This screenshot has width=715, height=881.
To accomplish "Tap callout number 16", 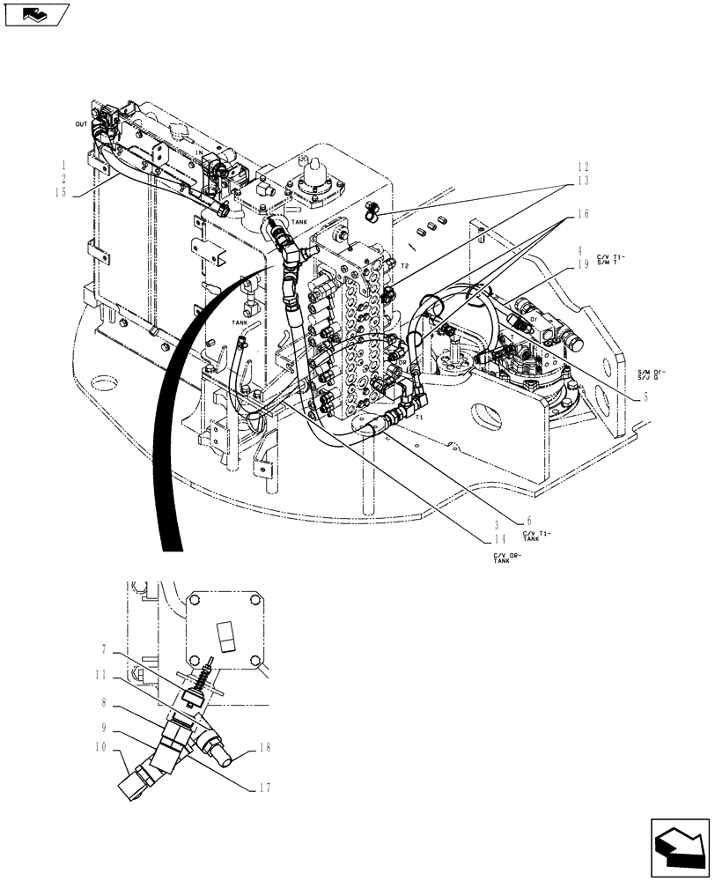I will click(584, 214).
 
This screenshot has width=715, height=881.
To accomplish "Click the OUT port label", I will click(81, 125).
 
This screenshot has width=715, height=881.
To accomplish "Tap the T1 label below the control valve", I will click(419, 418).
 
